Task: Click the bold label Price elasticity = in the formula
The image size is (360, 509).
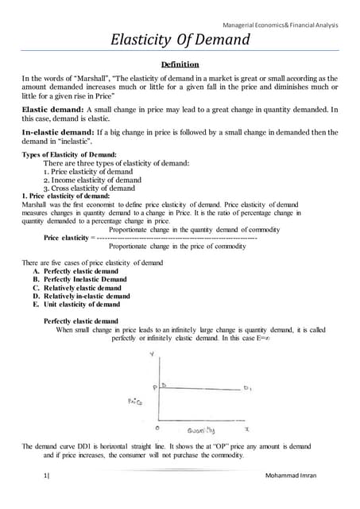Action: point(68,238)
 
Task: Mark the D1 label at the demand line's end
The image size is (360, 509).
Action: point(247,388)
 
